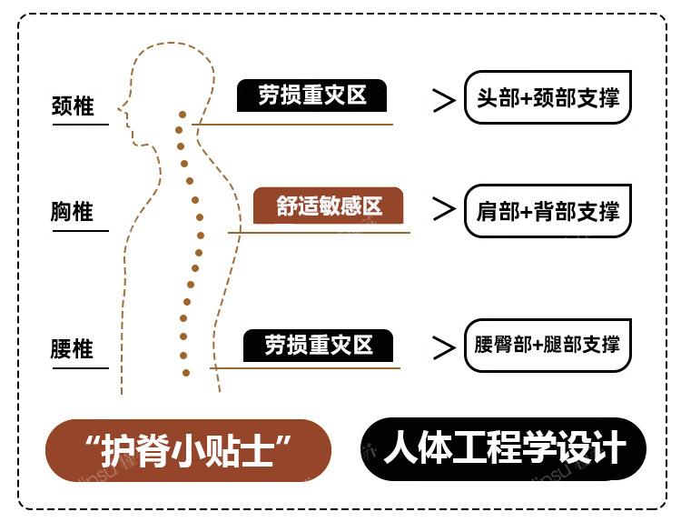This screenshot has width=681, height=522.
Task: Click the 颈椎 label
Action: (73, 105)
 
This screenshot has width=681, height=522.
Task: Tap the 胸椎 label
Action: (72, 211)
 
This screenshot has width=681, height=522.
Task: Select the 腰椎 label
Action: (72, 349)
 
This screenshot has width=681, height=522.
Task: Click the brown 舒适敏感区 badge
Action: (328, 206)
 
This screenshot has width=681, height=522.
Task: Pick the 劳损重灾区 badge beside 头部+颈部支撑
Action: (311, 95)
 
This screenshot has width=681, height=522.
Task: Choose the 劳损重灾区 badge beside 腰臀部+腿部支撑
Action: (318, 346)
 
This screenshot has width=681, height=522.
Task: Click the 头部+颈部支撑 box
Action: (548, 97)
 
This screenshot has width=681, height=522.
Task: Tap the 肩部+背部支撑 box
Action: (548, 211)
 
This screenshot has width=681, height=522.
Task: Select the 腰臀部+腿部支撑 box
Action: (548, 346)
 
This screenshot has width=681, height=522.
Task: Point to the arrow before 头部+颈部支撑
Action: (444, 100)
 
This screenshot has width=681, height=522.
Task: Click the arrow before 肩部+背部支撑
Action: (444, 209)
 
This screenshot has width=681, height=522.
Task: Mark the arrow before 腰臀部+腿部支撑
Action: (444, 347)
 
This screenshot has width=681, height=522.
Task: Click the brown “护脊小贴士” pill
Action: (188, 451)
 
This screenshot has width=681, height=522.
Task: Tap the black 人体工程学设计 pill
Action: (503, 449)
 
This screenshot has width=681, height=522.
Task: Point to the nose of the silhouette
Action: (120, 108)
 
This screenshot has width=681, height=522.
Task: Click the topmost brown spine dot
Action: (183, 115)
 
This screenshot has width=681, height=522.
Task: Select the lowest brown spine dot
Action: (186, 373)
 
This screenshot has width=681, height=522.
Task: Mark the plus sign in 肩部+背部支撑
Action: (526, 212)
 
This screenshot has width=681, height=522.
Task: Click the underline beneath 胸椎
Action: (80, 231)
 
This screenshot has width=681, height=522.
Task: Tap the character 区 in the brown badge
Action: (372, 206)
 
